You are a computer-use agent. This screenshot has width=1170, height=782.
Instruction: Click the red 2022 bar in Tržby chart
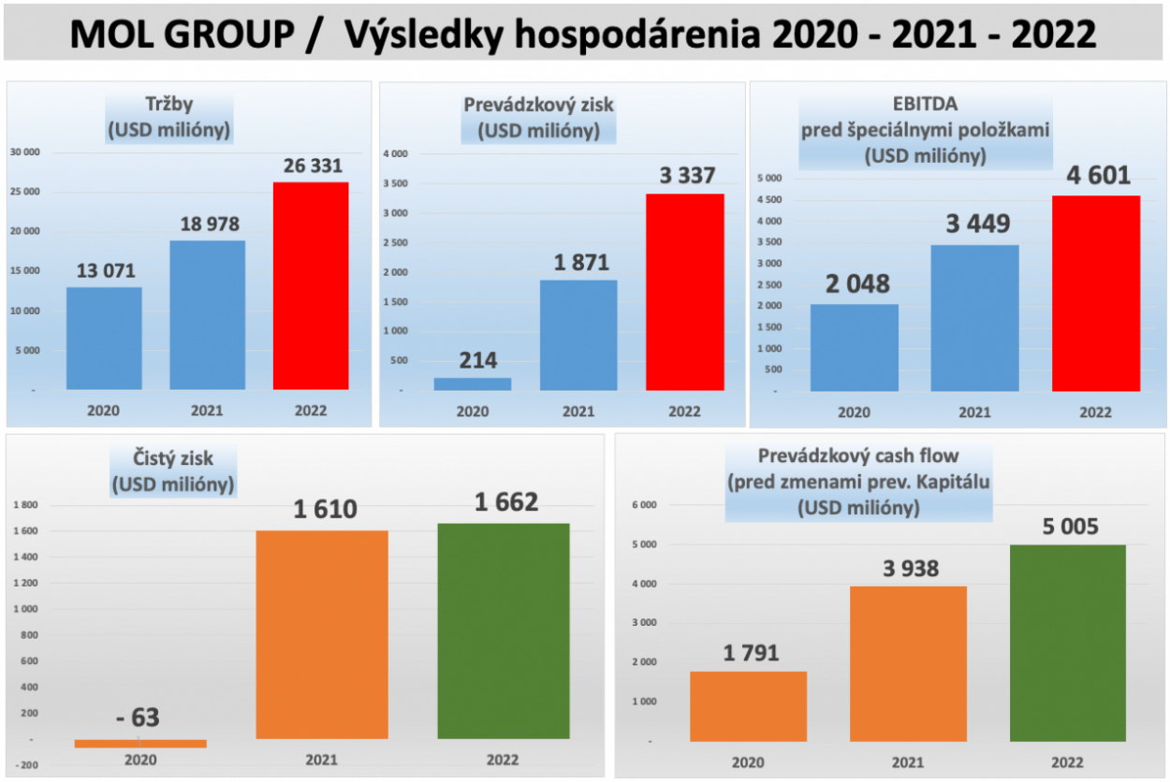[x=311, y=285]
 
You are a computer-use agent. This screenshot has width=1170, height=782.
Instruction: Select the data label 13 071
[x=104, y=271]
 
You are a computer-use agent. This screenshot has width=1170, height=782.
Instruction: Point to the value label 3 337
[x=687, y=176]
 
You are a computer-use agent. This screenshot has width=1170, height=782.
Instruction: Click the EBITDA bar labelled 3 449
[x=974, y=318]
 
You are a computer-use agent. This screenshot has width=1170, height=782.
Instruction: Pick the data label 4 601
[x=1095, y=176]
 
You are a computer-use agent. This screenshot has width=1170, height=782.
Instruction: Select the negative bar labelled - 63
[x=140, y=744]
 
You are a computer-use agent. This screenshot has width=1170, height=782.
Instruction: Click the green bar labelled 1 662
[x=504, y=631]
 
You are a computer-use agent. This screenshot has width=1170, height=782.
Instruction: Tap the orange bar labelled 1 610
[x=322, y=634]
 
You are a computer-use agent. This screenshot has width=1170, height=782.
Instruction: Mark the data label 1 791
[x=749, y=653]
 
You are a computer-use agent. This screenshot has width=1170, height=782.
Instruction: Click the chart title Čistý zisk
[x=173, y=459]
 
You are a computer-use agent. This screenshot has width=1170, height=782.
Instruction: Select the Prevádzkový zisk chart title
[x=538, y=105]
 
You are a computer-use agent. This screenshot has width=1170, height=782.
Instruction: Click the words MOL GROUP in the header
[x=187, y=36]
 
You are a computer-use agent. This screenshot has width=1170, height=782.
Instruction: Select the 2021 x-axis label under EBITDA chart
[x=974, y=413]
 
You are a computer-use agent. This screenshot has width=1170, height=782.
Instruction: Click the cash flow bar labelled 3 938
[x=908, y=664]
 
